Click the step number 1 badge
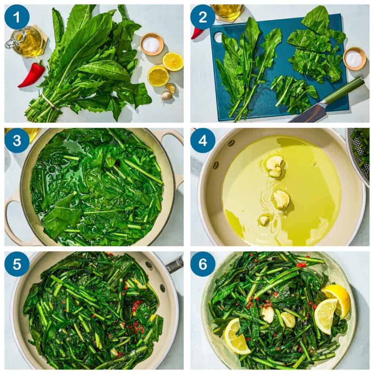pos(17,17)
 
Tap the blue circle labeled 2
pos(203,17)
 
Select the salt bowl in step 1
pos(151,44)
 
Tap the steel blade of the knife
pos(309,113)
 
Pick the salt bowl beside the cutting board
pos(354,58)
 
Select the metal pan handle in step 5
pos(175,265)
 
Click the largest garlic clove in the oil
pos(274,166)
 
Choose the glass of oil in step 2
pos(228,11)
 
